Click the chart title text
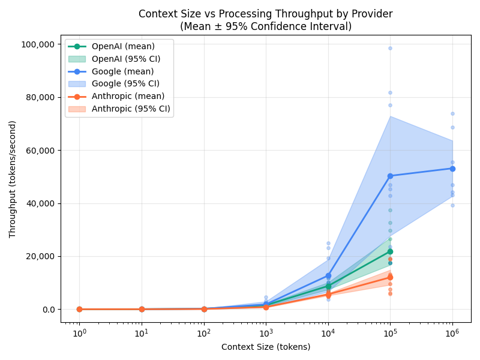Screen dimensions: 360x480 [266, 20]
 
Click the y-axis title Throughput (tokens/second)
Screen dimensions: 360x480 [13, 179]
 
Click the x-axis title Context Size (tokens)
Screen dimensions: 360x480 [266, 347]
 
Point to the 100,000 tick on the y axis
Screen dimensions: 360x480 [37, 44]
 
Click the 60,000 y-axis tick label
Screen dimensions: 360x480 [40, 151]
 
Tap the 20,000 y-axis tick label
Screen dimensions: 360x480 [40, 256]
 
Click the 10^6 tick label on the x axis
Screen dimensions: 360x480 [452, 333]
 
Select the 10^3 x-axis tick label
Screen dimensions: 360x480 [266, 333]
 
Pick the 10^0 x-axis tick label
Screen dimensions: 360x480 [79, 333]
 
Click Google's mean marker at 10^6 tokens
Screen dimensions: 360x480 [452, 169]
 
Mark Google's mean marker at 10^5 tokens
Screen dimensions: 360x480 [390, 176]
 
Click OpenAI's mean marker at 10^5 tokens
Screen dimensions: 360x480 [390, 251]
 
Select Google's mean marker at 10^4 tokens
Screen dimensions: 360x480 [328, 276]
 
